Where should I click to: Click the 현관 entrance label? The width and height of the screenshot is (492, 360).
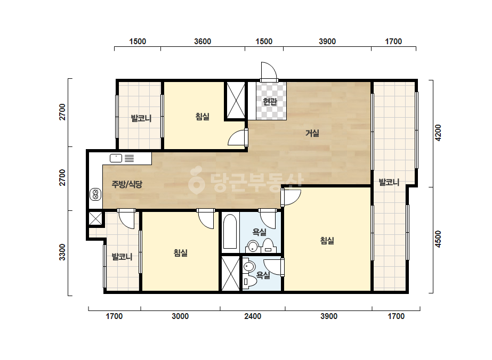[270, 102]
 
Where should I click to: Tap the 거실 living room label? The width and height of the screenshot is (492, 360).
[312, 133]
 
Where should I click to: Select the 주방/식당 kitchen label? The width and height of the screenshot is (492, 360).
[127, 184]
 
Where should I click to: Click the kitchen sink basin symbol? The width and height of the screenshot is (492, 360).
[116, 158]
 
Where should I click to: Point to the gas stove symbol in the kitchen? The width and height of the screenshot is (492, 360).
[95, 194]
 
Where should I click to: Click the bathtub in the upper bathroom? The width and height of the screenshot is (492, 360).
[229, 232]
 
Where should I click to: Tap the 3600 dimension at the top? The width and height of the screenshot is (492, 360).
[203, 42]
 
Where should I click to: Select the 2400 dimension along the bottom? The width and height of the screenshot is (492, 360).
[253, 316]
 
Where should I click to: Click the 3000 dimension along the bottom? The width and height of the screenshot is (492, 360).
[180, 316]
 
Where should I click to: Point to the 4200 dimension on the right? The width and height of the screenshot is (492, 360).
[438, 133]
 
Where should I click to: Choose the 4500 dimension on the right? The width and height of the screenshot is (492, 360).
[438, 239]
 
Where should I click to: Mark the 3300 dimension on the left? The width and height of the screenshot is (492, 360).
[62, 252]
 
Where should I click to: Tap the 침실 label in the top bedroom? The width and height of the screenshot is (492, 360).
[203, 117]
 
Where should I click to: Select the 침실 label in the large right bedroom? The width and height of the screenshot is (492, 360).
[327, 241]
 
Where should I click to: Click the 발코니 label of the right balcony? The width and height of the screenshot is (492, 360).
[389, 182]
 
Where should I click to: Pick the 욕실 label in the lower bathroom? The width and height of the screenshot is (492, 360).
[263, 275]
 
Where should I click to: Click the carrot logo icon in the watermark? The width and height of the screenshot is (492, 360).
[196, 179]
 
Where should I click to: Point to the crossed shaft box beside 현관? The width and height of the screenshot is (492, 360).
[236, 101]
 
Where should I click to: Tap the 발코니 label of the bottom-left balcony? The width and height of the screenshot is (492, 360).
[122, 257]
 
